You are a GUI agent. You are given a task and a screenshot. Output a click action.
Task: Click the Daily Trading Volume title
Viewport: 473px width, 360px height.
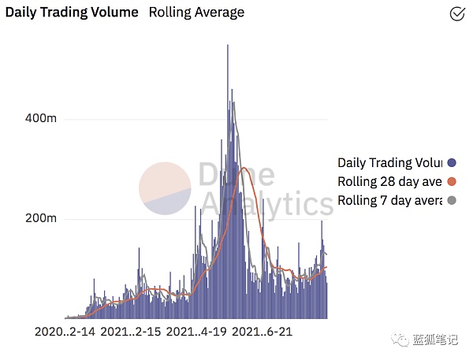coord(73,13)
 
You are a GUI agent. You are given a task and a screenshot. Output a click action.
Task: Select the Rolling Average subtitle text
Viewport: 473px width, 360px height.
coord(196,13)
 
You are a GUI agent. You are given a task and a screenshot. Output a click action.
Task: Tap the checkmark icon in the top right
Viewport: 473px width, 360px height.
coord(456,13)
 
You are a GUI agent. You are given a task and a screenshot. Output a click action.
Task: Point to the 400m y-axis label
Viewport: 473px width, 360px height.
coord(41,119)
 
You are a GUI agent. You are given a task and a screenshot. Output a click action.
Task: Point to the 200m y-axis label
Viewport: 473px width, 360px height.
coord(41,219)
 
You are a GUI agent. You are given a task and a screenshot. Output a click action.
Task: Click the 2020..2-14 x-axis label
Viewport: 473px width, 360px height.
coord(65,332)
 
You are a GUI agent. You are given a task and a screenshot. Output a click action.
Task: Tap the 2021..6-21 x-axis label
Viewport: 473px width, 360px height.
coord(263,332)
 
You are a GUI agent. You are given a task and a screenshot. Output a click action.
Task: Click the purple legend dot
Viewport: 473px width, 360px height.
coord(452,163)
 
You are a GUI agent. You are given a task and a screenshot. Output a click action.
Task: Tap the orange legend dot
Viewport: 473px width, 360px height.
coord(452,182)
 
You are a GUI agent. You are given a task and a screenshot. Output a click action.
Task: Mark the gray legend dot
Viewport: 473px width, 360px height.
coord(452,201)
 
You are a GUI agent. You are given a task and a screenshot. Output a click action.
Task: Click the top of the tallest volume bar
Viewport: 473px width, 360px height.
coord(228,46)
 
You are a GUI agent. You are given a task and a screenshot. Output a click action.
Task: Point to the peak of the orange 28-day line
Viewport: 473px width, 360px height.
coord(244,168)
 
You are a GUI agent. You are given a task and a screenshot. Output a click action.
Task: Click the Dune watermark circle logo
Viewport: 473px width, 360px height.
coord(165,188)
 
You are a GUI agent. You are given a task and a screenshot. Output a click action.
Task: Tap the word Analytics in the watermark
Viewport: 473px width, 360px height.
coord(266,204)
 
